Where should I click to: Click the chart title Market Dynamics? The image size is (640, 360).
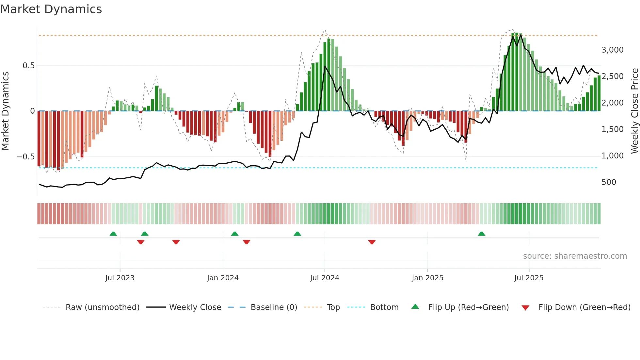point(51,9)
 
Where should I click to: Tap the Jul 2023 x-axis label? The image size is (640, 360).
point(120,278)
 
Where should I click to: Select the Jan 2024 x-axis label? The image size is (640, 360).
point(223,278)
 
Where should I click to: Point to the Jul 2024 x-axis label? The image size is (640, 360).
point(325,278)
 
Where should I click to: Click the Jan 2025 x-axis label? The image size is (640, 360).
point(427,278)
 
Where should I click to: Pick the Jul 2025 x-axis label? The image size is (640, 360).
point(529,278)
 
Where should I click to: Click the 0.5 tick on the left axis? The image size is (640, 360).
point(28,66)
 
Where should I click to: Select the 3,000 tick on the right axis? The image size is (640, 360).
point(612,50)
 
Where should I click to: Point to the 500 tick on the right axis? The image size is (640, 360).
point(609,182)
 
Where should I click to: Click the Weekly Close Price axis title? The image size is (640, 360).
point(634,111)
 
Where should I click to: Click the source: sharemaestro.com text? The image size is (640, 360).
point(575,256)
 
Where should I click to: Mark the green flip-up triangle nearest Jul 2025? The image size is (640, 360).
point(481,234)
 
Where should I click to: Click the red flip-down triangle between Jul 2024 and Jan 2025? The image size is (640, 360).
point(372,242)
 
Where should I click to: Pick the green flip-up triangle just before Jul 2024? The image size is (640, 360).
point(297,234)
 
